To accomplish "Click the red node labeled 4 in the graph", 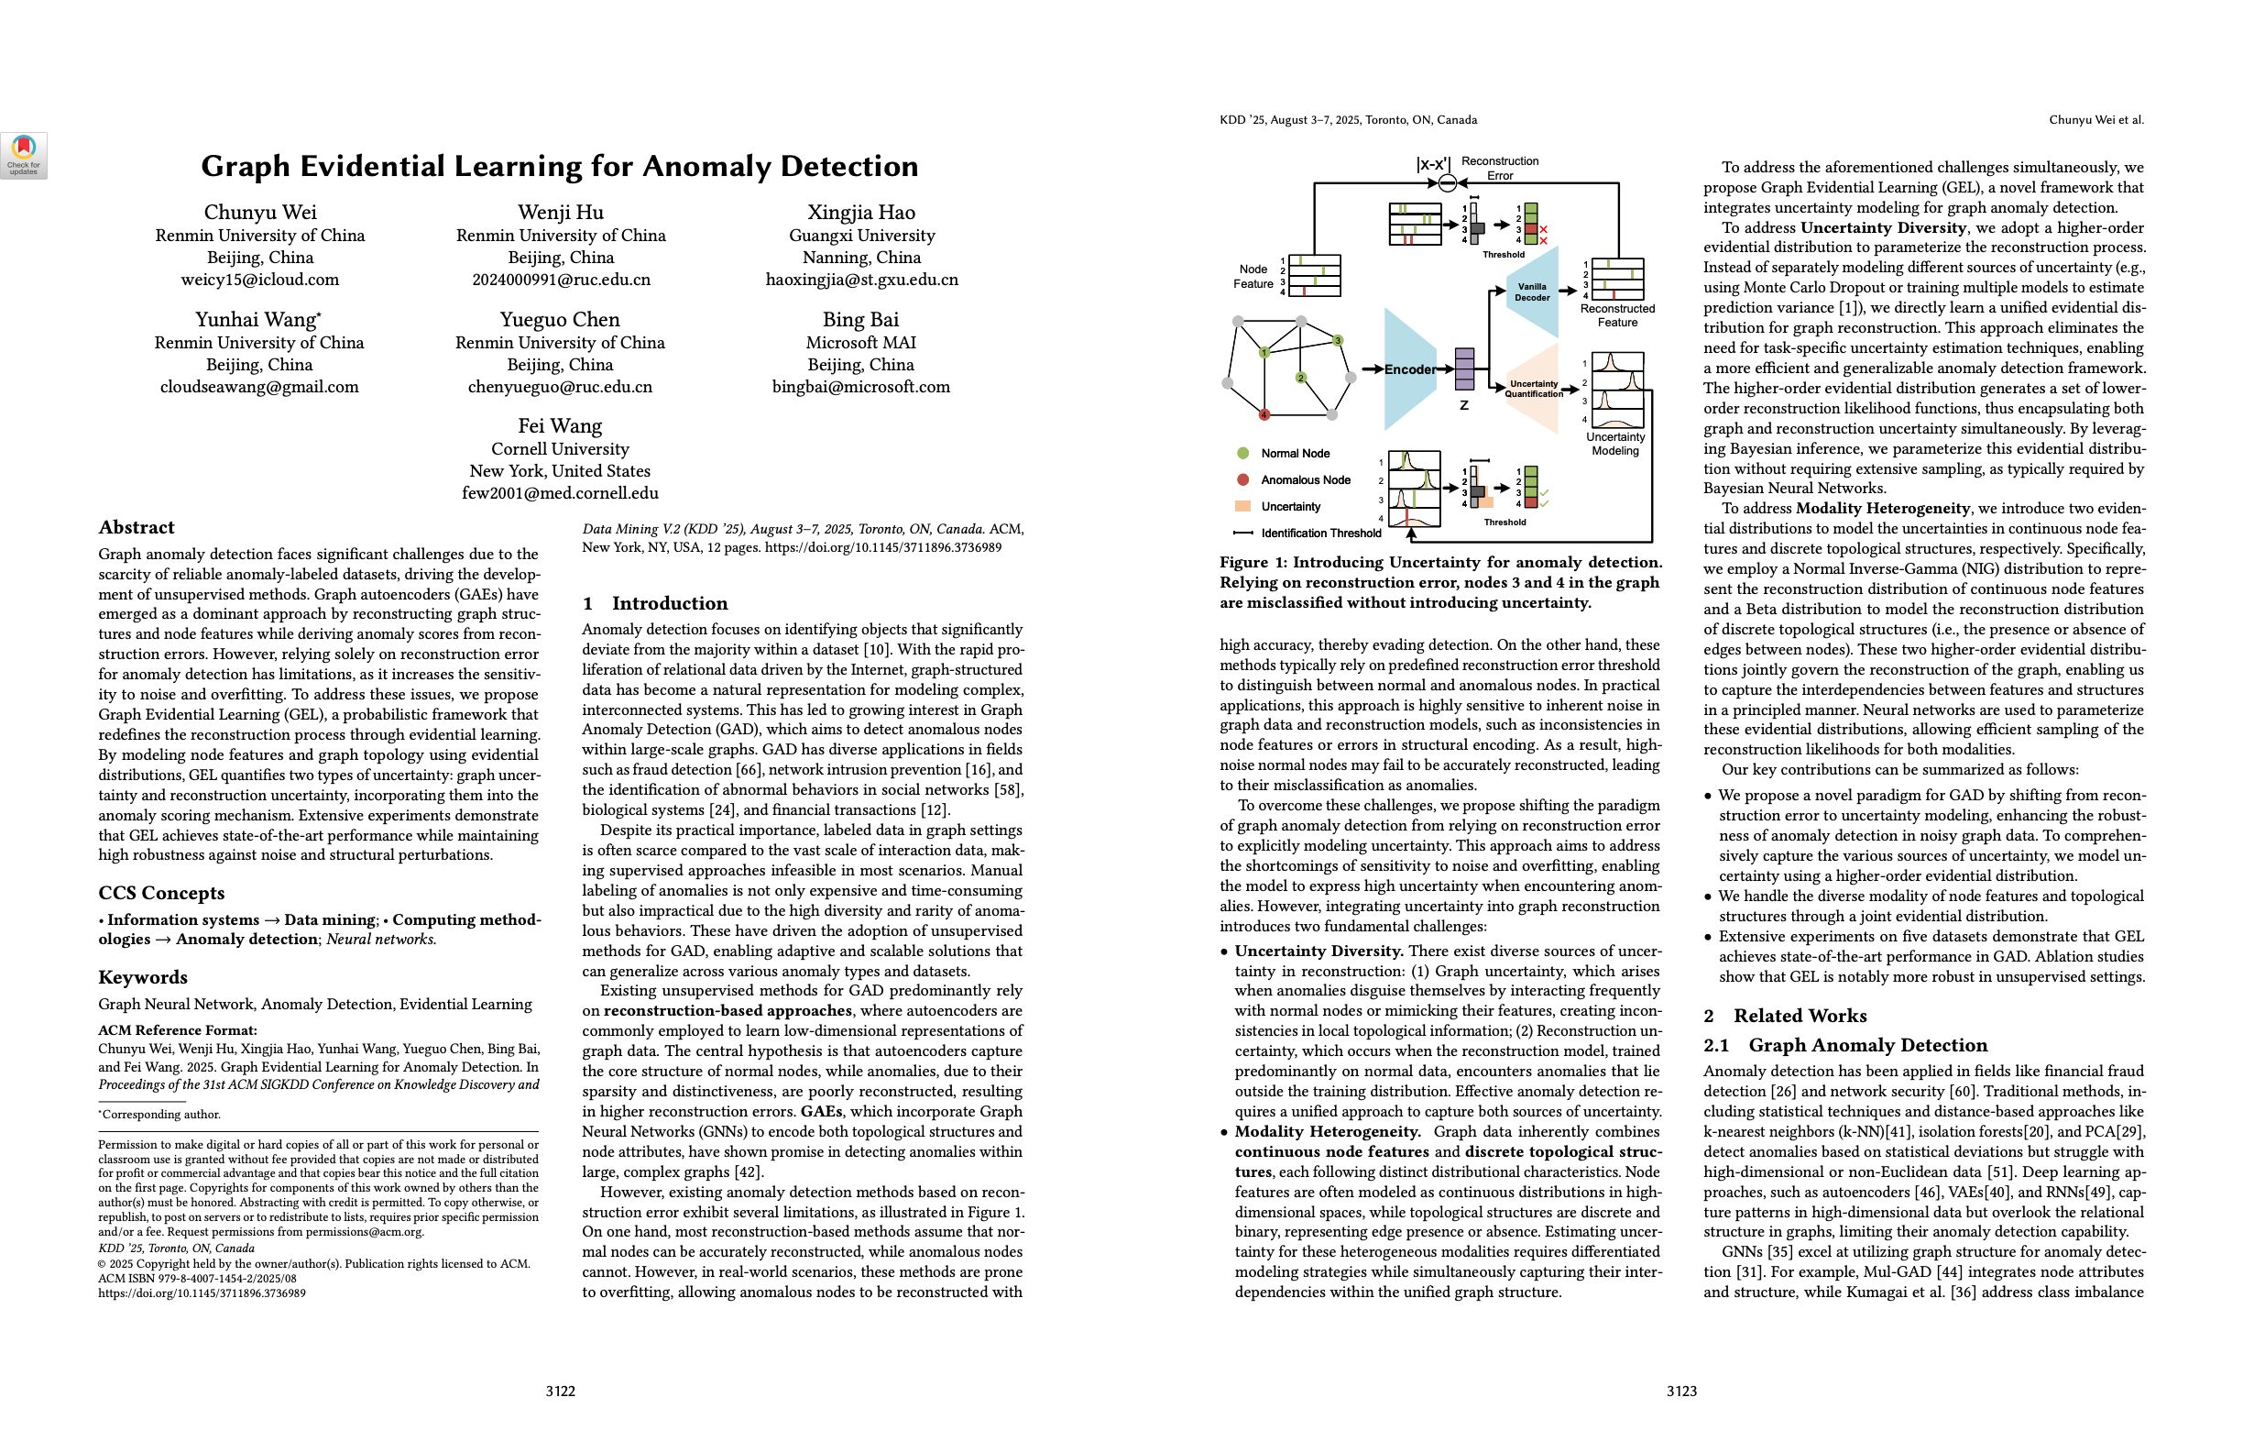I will click(1264, 415).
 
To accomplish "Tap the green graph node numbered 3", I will click(1338, 340).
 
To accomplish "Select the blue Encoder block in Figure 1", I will click(1409, 369).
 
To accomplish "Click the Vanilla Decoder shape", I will click(1532, 292).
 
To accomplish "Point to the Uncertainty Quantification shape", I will click(1533, 389).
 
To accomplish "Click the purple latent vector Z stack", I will click(1464, 368).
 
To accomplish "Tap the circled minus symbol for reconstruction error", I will click(1448, 183).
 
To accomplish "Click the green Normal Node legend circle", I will click(1243, 454).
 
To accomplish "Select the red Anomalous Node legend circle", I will click(1243, 480).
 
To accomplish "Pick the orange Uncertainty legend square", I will click(1243, 506).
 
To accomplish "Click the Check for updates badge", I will click(24, 155).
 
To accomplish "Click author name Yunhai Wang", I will click(256, 320).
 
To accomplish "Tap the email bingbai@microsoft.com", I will click(860, 387).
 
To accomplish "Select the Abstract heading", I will click(137, 527).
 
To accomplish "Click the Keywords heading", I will click(142, 977).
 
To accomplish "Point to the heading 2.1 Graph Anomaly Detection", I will click(1844, 1045).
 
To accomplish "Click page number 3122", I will click(560, 1391).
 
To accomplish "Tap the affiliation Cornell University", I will click(560, 449).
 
